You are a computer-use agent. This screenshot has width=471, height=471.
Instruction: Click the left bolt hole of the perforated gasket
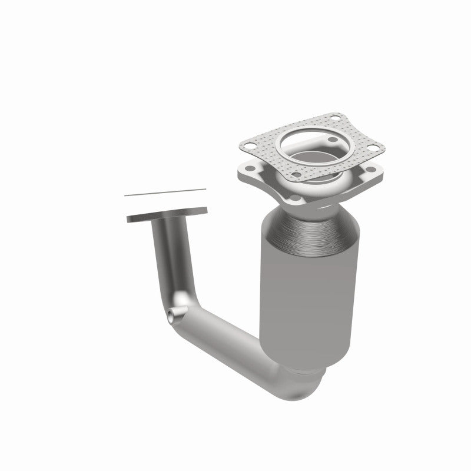click(x=249, y=142)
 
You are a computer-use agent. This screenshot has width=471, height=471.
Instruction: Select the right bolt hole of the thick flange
click(x=372, y=171)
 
